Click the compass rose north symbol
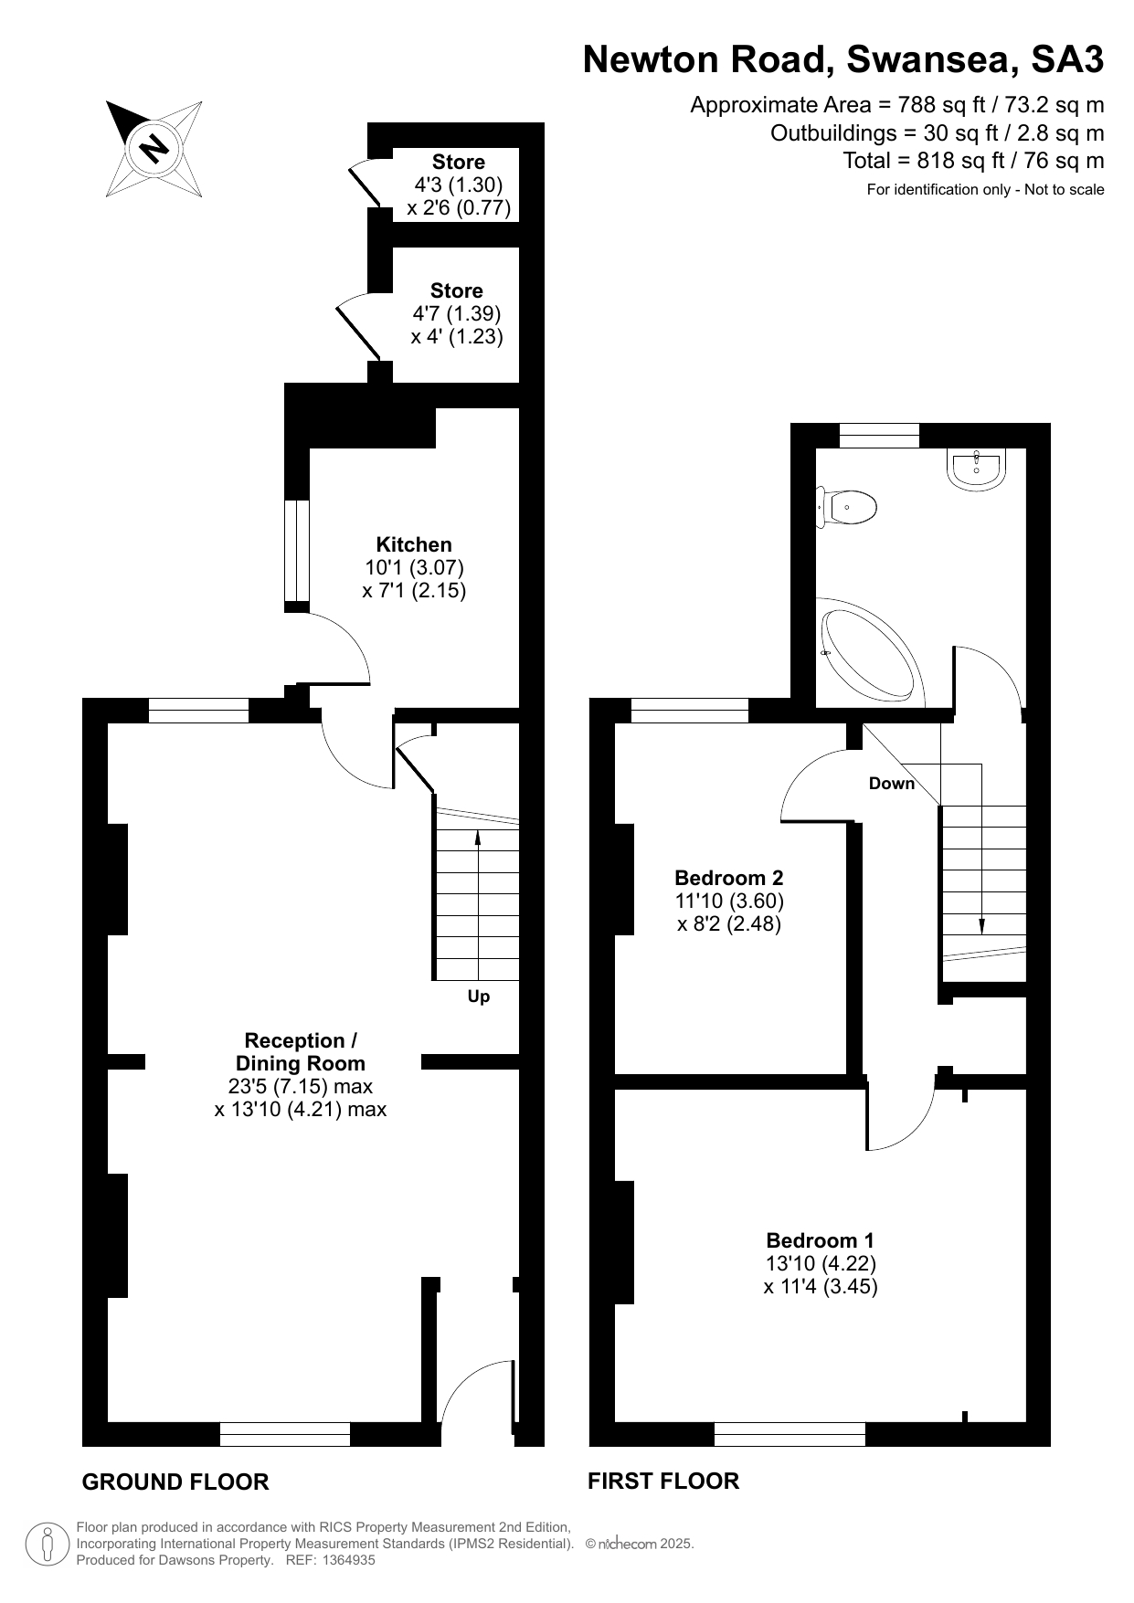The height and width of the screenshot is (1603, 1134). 154,148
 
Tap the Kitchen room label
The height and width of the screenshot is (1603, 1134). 414,544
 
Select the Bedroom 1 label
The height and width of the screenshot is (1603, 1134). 820,1240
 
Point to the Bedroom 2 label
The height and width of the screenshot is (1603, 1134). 728,878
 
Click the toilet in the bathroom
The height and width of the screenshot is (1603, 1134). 847,506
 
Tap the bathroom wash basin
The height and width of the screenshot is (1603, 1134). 978,468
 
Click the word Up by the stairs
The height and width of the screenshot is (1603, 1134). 479,997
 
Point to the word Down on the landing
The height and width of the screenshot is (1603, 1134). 892,784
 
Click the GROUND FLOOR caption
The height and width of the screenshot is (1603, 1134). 175,1482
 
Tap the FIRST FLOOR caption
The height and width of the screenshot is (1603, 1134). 663,1481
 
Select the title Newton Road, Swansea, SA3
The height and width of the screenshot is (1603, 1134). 843,60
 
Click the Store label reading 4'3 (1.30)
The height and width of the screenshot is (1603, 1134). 459,185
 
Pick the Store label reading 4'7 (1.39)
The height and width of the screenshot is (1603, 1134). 457,313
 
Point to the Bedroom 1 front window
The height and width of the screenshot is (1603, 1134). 790,1434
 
